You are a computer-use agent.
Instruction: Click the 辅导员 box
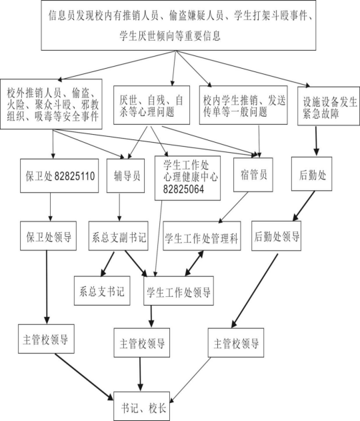125,175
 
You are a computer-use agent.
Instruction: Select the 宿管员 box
253,175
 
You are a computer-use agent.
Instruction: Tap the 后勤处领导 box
276,236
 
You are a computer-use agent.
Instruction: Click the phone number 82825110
75,176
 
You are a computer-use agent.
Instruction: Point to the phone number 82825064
183,189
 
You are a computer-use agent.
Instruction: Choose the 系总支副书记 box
118,236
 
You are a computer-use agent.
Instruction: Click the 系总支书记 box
102,290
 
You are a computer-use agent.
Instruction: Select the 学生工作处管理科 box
202,236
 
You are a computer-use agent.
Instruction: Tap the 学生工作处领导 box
179,290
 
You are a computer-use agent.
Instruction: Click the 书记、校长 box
141,406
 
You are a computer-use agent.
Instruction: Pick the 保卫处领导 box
48,236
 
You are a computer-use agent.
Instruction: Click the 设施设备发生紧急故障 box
329,106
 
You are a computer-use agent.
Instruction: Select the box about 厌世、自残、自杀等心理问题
151,105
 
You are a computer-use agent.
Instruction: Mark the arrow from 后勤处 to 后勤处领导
303,205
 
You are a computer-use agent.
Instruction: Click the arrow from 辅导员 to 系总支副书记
119,207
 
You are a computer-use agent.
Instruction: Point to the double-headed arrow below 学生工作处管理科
194,264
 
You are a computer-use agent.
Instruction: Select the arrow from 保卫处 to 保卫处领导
50,207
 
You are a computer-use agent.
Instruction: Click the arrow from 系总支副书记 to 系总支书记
107,264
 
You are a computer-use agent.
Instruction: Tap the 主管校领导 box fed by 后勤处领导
236,342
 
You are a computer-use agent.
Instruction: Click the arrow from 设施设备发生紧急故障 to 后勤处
316,141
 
